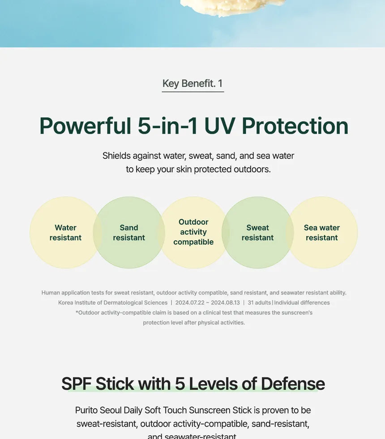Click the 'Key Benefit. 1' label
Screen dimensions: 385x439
pyautogui.click(x=192, y=84)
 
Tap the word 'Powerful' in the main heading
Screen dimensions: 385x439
pyautogui.click(x=85, y=126)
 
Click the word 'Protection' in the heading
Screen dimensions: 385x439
pyautogui.click(x=295, y=126)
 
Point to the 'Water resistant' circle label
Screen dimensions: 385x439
pyautogui.click(x=65, y=232)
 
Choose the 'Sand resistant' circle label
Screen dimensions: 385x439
pyautogui.click(x=129, y=232)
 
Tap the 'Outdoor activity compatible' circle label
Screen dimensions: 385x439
pyautogui.click(x=193, y=232)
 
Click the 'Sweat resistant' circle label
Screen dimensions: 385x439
pyautogui.click(x=257, y=232)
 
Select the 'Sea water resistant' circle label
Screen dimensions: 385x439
pyautogui.click(x=321, y=232)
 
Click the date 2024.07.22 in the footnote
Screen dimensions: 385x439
pyautogui.click(x=190, y=303)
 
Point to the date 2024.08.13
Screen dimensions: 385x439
pyautogui.click(x=225, y=303)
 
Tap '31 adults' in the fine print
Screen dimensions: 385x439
pyautogui.click(x=259, y=303)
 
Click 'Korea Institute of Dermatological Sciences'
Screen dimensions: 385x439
pyautogui.click(x=113, y=303)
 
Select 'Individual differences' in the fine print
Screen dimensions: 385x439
pyautogui.click(x=302, y=303)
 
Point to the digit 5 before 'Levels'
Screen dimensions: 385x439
pyautogui.click(x=180, y=384)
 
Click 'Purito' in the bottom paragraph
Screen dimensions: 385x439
pyautogui.click(x=86, y=410)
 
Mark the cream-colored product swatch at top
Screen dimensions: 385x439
pyautogui.click(x=233, y=7)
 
